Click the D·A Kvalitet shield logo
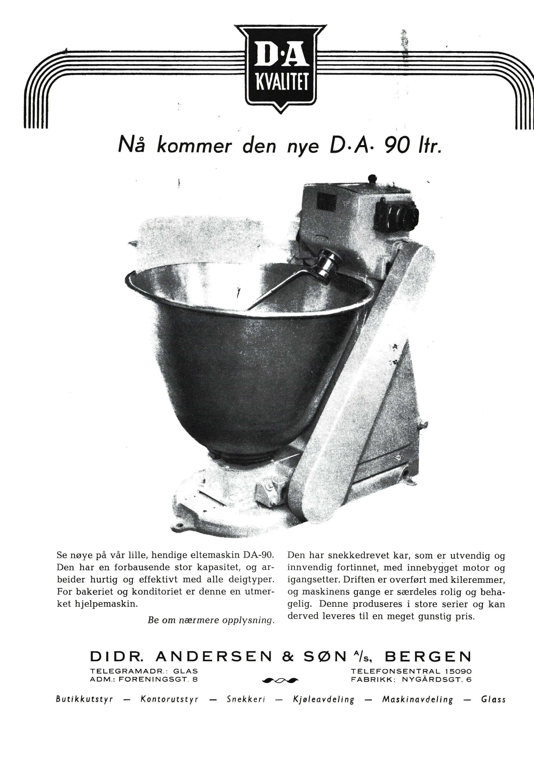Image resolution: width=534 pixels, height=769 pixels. [280, 67]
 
